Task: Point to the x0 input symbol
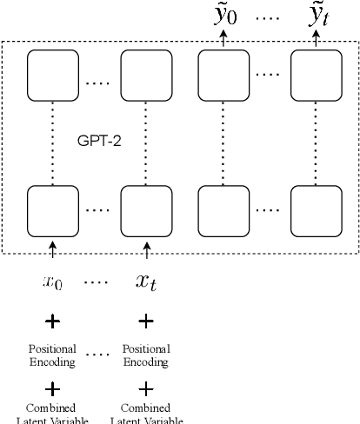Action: pos(52,282)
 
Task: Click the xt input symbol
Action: pos(145,282)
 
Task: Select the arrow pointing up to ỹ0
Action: pos(223,40)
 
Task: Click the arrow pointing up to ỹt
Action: pos(316,40)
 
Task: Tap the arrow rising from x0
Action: pos(52,251)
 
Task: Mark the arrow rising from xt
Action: pos(145,251)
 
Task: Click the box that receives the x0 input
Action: pos(51,209)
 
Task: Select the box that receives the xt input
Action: pos(144,209)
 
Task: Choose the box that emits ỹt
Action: pos(315,75)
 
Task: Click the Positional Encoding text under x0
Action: pos(52,355)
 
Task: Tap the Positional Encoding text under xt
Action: pos(145,355)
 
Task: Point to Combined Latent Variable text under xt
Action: pos(145,414)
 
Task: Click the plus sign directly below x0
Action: pos(52,321)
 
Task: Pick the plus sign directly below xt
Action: pos(145,321)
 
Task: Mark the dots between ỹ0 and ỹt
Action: pos(271,17)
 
